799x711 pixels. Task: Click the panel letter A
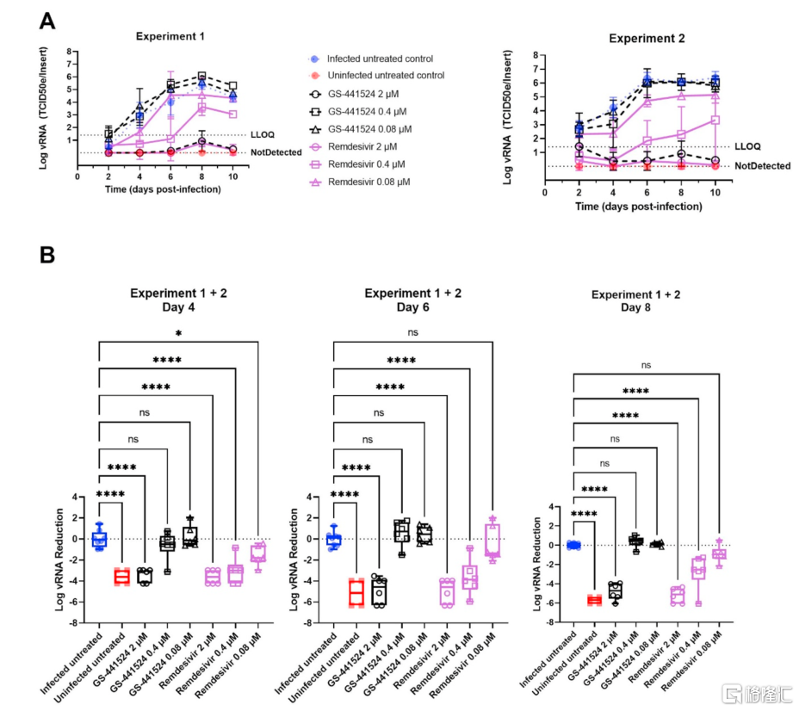click(47, 19)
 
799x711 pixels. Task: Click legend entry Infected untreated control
click(379, 59)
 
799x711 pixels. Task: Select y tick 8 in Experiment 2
click(536, 54)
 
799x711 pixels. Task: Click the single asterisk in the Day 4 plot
click(179, 333)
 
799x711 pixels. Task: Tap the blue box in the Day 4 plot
click(99, 539)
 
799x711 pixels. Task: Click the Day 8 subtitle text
click(647, 308)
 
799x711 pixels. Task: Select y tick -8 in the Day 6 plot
click(315, 622)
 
